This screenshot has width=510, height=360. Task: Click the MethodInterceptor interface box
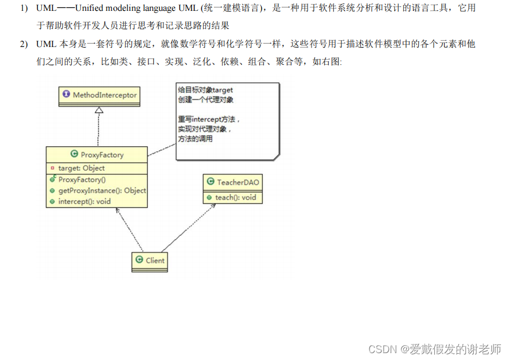(x=99, y=95)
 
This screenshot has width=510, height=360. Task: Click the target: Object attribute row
(x=81, y=168)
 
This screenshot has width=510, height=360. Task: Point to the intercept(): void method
(x=84, y=202)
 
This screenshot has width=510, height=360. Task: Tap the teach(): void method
(x=235, y=198)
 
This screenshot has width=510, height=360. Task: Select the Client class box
(x=149, y=260)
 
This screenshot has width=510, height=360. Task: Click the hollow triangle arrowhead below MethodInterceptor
(x=99, y=109)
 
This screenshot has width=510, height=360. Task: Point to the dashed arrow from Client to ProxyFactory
(x=130, y=229)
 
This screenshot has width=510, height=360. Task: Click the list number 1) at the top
(x=24, y=8)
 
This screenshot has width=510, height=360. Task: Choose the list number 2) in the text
(x=24, y=44)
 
